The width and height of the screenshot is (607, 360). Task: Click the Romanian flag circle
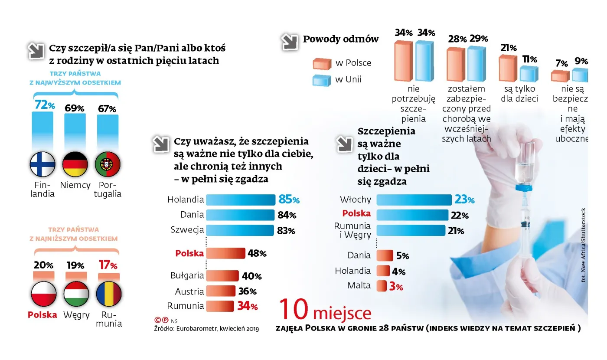click(108, 294)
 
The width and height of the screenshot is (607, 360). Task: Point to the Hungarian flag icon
click(76, 294)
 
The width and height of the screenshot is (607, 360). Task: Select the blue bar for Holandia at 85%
click(241, 200)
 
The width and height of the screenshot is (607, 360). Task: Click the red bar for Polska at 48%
click(225, 253)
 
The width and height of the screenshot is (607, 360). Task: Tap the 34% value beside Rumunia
click(248, 306)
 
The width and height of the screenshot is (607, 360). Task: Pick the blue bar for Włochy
click(414, 200)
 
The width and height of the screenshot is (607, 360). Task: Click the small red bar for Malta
click(382, 286)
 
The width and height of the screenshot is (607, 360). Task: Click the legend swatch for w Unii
click(322, 79)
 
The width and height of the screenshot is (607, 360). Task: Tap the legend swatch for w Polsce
click(322, 63)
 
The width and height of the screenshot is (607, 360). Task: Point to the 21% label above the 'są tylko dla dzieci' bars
click(508, 48)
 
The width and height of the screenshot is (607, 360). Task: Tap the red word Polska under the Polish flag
click(42, 315)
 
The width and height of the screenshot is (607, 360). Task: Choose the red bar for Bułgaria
click(222, 276)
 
